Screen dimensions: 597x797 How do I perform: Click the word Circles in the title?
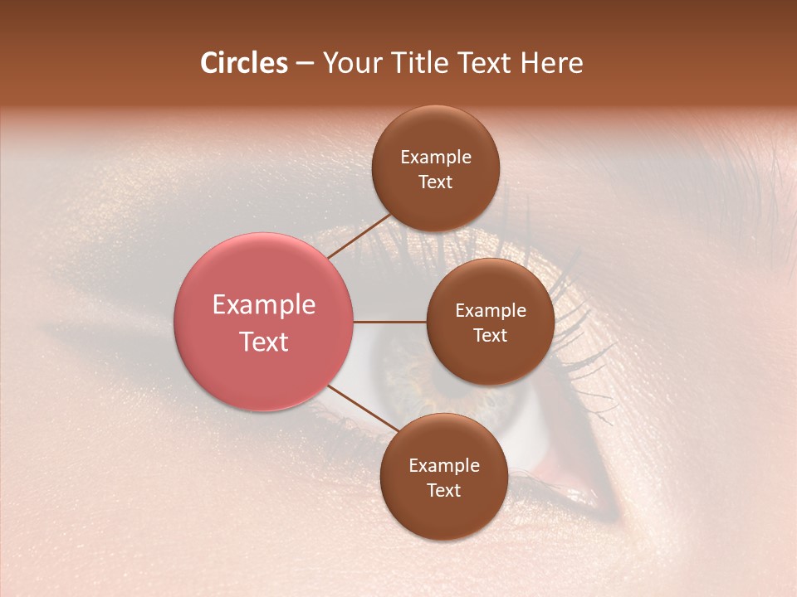(x=243, y=63)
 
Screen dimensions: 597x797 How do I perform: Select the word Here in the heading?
(x=551, y=63)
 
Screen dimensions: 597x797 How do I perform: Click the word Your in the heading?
(x=353, y=63)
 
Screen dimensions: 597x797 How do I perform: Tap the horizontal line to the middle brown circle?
(x=390, y=322)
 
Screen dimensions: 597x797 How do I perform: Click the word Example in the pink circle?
(x=264, y=305)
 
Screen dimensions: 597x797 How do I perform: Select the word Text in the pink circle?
(x=264, y=342)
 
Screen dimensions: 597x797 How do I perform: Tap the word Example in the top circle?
(x=436, y=158)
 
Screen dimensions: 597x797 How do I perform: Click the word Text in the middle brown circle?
(x=490, y=335)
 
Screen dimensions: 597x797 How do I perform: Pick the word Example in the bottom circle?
(x=444, y=465)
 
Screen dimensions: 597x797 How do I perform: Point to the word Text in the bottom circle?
(x=443, y=490)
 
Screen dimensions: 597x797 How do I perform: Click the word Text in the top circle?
(x=435, y=182)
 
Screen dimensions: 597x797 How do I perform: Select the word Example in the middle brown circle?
(x=491, y=311)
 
